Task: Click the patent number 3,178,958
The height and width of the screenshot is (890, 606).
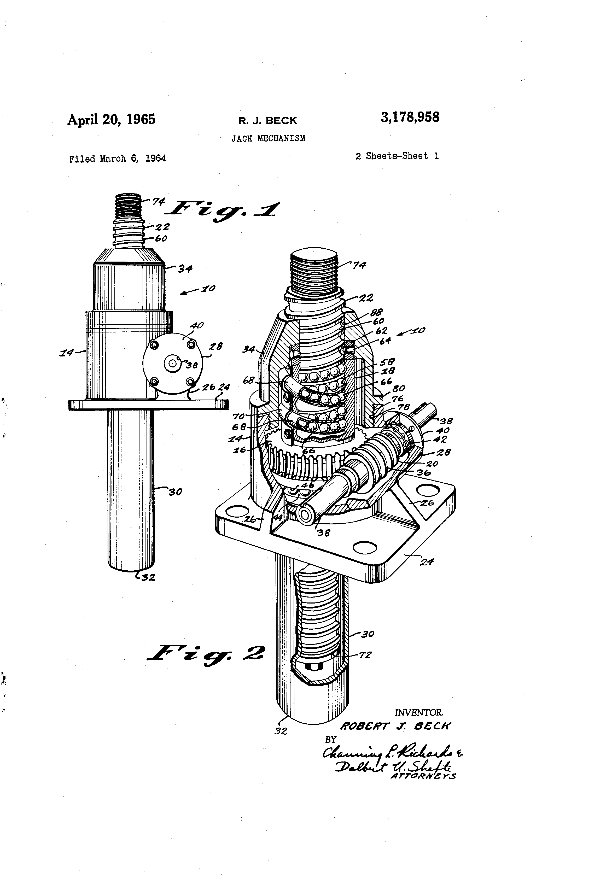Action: (410, 117)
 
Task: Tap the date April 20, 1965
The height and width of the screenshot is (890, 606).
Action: (112, 120)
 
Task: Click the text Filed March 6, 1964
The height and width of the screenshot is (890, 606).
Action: (117, 159)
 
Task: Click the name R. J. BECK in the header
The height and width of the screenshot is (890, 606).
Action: (268, 121)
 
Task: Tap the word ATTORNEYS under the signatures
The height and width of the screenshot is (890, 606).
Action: (423, 776)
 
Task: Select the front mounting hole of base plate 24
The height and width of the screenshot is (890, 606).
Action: (365, 548)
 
